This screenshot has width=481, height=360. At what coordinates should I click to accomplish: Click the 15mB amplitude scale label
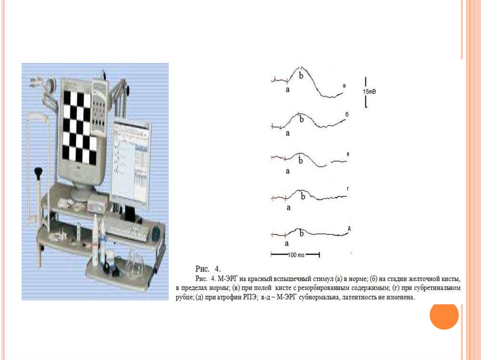coord(369,92)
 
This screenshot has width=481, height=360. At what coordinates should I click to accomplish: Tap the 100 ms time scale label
coord(296,255)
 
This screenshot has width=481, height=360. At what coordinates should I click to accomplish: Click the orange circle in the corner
coord(444,315)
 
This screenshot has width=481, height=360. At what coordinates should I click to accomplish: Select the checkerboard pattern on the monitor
coord(78,127)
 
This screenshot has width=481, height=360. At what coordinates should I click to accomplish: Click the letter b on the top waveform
coord(301,75)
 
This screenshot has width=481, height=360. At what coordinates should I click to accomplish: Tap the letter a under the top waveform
coord(287,90)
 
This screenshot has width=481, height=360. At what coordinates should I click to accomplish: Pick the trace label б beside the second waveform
coord(347,115)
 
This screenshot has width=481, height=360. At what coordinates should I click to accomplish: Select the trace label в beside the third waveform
coord(348,154)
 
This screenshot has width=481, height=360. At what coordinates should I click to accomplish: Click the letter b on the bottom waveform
coord(302,233)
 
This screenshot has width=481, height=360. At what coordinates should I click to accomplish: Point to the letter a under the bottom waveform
coord(287,244)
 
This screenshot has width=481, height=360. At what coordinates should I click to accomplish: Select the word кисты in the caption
coord(452,279)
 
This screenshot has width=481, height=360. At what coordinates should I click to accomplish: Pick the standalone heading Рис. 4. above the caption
coord(208,269)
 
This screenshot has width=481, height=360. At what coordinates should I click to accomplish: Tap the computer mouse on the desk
coord(156,234)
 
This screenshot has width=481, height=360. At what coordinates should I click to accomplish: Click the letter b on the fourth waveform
coord(303,196)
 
